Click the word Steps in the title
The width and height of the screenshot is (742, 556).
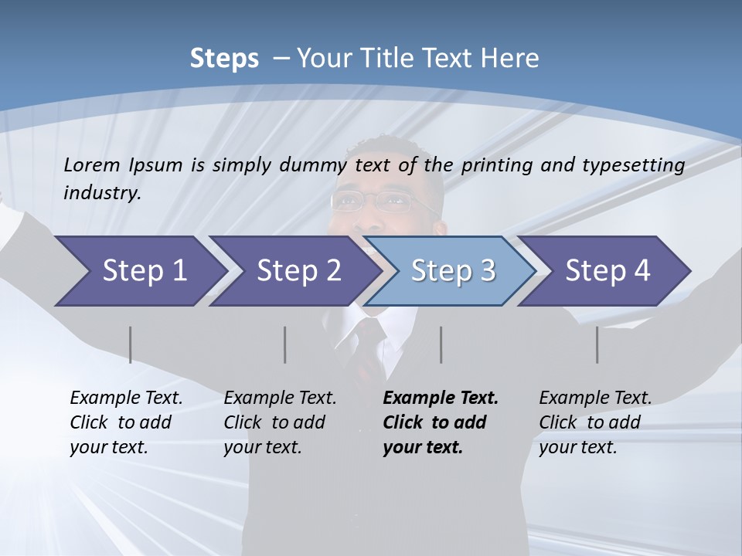coord(224,59)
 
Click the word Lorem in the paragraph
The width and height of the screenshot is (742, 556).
coord(92,164)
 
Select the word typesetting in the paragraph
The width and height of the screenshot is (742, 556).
coord(639,164)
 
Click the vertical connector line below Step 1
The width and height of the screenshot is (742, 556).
coord(131,344)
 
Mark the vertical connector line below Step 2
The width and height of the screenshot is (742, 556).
coord(285,344)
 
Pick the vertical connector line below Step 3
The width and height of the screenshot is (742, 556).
coord(441,344)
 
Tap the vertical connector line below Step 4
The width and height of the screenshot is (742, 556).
coord(597,344)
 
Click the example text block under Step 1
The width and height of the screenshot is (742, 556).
coord(126,422)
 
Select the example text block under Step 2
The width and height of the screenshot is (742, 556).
coord(280,422)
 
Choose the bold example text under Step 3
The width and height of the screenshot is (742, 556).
coord(441,422)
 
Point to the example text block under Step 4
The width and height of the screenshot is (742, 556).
coord(595,422)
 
